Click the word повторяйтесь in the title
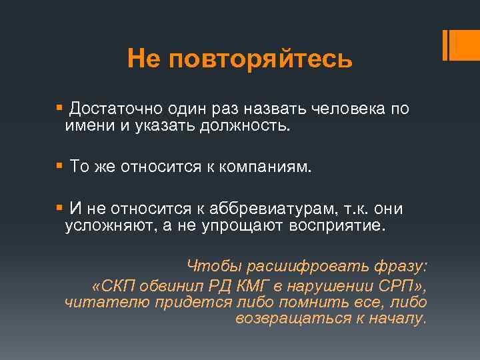(x=260, y=59)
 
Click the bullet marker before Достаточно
(x=61, y=107)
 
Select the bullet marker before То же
(x=61, y=165)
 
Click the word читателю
(x=105, y=302)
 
